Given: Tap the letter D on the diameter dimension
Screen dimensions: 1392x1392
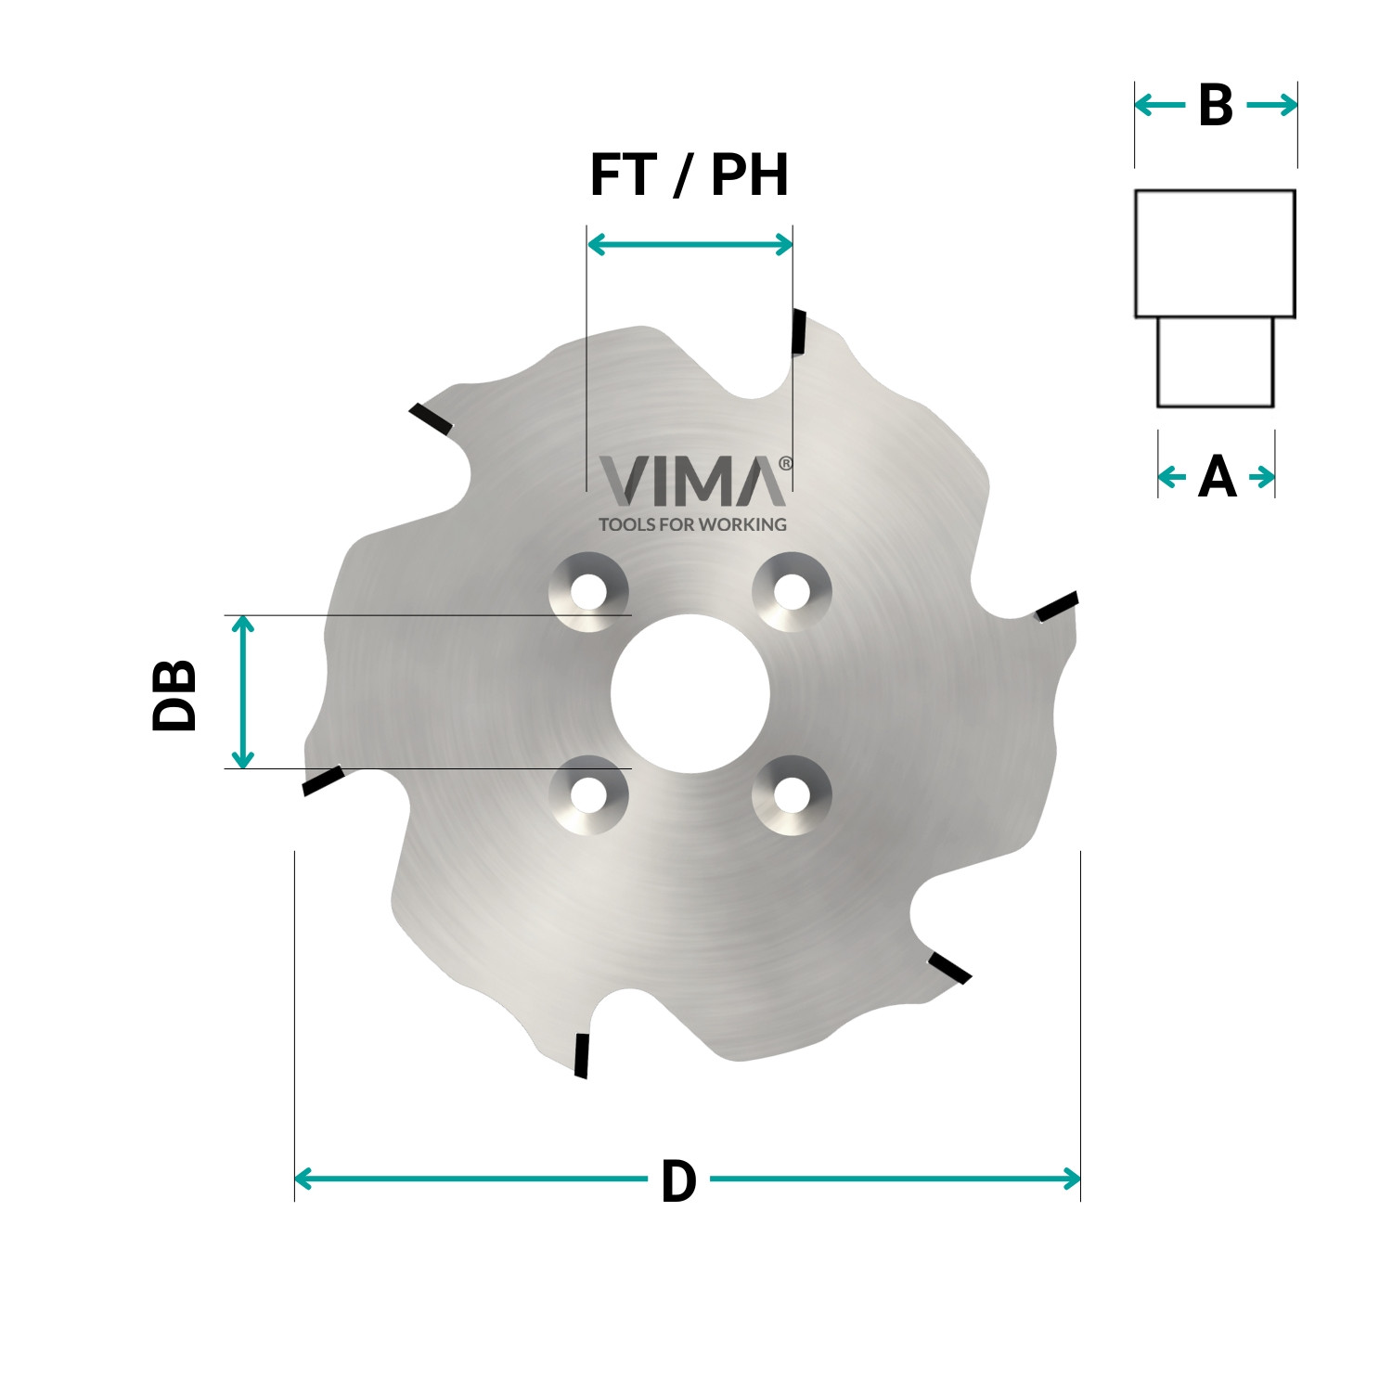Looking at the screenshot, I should pyautogui.click(x=678, y=1181).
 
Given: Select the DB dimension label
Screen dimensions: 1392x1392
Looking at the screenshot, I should pyautogui.click(x=174, y=695).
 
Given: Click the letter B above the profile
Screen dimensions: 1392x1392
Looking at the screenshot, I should pyautogui.click(x=1215, y=106).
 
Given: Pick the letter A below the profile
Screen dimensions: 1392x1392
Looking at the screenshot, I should pyautogui.click(x=1217, y=478).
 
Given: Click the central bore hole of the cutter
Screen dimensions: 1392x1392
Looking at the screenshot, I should pyautogui.click(x=690, y=693).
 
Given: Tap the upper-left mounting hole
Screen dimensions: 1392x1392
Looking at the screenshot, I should pyautogui.click(x=588, y=591).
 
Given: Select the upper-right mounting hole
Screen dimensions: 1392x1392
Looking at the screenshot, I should pyautogui.click(x=792, y=591).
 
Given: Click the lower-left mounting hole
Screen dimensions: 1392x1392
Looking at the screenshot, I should pyautogui.click(x=588, y=794).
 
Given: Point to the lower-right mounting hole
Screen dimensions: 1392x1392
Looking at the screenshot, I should pyautogui.click(x=792, y=794).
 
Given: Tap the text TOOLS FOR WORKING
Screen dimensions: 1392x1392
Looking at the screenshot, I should pyautogui.click(x=692, y=524).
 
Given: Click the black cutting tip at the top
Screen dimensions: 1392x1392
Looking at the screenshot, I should pyautogui.click(x=798, y=331).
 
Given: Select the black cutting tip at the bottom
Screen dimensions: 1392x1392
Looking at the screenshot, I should pyautogui.click(x=582, y=1055).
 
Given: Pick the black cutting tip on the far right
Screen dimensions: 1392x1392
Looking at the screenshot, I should pyautogui.click(x=1056, y=607).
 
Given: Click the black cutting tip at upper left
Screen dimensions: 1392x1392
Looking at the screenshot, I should pyautogui.click(x=432, y=420).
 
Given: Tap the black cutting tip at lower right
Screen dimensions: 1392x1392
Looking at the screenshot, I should pyautogui.click(x=949, y=967).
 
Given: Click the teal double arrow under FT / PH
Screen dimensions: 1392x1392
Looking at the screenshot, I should pyautogui.click(x=690, y=244).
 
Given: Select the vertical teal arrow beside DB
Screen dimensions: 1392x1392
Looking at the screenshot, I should pyautogui.click(x=242, y=691).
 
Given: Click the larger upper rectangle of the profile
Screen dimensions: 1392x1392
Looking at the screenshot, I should pyautogui.click(x=1215, y=253).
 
